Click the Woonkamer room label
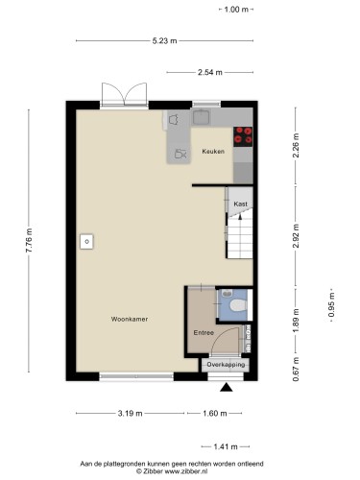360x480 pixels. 130,319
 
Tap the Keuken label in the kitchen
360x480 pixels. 213,152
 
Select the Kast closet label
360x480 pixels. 240,204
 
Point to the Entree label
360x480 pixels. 204,333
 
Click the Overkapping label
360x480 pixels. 226,365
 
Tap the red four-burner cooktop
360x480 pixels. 243,136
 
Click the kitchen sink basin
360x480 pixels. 201,117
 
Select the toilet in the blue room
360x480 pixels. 238,305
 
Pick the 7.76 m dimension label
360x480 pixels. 29,241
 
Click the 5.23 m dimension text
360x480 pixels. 164,40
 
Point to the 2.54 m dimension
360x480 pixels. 210,72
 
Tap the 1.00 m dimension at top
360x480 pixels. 236,10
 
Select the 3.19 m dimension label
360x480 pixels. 130,414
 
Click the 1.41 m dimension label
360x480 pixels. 226,446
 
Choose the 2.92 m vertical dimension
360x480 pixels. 296,236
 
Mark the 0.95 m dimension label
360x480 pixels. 331,305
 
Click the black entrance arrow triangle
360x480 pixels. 227,388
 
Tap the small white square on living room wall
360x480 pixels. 86,242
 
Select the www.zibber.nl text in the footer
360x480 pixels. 186,471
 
